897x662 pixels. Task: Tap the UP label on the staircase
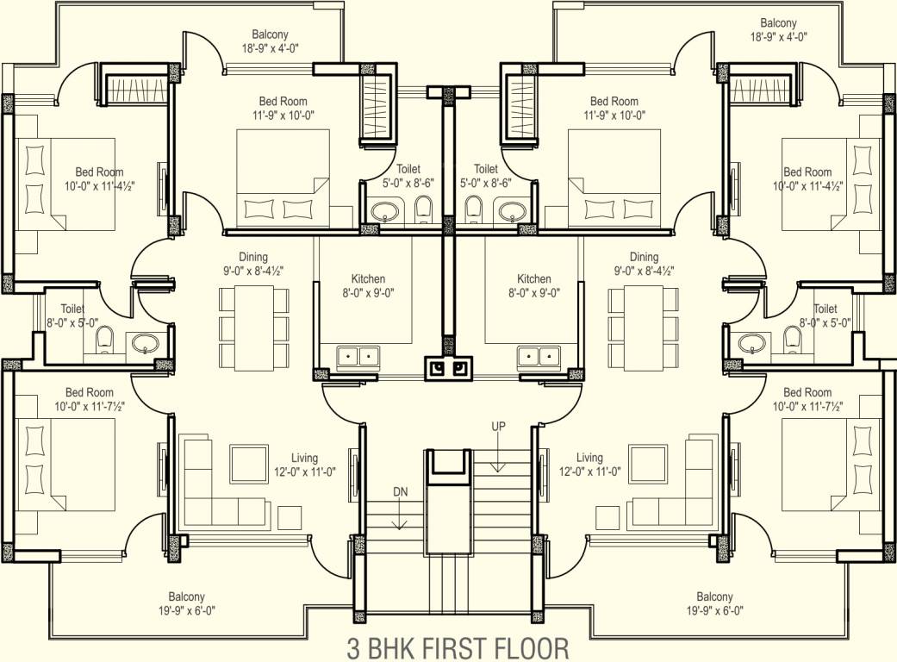point(498,427)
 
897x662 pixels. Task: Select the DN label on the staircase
point(400,492)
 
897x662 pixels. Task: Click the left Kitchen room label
point(368,285)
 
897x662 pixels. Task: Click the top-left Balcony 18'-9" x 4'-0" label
point(271,41)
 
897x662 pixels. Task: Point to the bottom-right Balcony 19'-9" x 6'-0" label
point(714,603)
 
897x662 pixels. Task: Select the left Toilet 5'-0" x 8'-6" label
point(408,177)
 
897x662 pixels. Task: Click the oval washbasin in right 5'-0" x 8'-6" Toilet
point(513,211)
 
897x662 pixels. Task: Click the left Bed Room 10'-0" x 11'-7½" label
point(89,399)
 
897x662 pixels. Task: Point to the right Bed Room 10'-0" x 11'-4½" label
point(807,178)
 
